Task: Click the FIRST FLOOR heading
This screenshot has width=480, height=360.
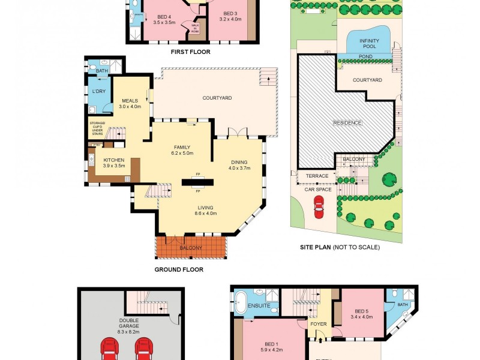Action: tap(191, 52)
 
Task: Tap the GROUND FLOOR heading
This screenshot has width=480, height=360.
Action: tap(179, 270)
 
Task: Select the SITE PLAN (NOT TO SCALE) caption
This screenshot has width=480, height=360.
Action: tap(340, 247)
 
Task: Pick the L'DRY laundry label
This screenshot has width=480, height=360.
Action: tap(98, 91)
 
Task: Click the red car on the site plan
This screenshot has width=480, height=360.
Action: tap(319, 209)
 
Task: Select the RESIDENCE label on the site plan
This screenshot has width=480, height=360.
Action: tap(348, 123)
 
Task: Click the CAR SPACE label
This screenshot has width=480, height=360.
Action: tap(317, 189)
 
